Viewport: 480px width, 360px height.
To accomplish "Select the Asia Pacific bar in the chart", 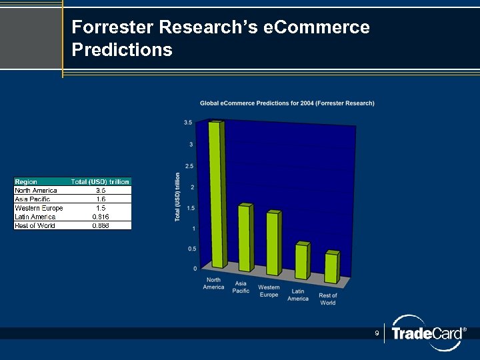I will point(245,237).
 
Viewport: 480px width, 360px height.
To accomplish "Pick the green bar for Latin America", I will point(302,261).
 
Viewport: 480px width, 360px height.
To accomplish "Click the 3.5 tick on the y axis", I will point(188,123).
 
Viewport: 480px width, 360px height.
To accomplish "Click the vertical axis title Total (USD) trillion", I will point(178,197).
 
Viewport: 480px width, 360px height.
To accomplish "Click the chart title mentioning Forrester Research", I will point(287,103).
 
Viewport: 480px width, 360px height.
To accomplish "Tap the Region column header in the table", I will point(27,181).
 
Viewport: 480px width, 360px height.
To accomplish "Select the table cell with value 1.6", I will point(101,199).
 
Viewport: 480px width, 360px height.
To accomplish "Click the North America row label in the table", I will point(36,190).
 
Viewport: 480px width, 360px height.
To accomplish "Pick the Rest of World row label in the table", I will point(35,225).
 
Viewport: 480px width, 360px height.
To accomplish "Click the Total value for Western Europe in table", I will point(101,207).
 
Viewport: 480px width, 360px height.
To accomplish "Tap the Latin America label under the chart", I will point(298,295).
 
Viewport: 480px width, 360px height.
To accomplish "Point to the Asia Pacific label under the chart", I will point(241,287).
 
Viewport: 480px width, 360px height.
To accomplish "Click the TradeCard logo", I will point(426,333).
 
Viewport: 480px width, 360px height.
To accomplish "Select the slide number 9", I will point(377,333).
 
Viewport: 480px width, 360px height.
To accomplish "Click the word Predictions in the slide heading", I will point(122,50).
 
